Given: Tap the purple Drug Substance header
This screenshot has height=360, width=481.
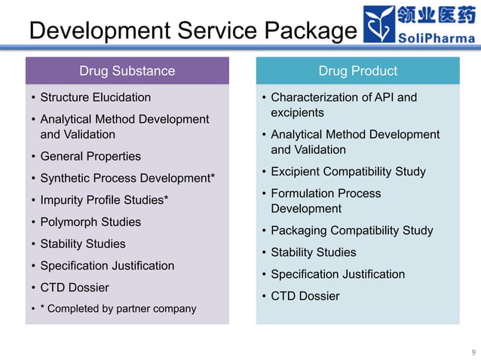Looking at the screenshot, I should [x=127, y=72].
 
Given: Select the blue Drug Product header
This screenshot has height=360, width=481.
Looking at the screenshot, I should [x=357, y=72].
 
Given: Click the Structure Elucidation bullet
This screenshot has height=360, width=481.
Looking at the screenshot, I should [x=95, y=97].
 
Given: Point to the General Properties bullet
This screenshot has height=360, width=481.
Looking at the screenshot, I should [x=90, y=156].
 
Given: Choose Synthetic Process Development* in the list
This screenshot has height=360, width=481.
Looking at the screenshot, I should [x=127, y=178].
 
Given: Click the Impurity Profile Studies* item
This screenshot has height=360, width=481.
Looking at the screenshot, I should [x=104, y=200].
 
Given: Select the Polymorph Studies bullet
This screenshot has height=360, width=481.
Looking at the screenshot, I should [x=90, y=221].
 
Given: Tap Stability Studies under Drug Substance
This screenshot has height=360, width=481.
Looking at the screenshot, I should [x=83, y=243].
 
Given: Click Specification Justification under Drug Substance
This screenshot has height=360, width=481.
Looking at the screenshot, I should [x=107, y=265].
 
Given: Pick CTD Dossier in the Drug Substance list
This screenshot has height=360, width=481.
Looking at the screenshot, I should [x=75, y=287].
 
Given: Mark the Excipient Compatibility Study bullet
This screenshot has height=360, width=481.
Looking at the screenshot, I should [x=348, y=171].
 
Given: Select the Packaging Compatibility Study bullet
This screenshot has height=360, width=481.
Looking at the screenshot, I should [x=352, y=230].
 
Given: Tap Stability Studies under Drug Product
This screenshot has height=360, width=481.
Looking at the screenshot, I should [x=314, y=252].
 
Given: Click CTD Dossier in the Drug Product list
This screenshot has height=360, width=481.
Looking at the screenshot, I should [x=305, y=295].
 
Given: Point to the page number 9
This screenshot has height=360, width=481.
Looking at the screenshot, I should [x=473, y=352].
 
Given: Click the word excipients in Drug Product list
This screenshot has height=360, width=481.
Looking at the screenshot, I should [x=297, y=113].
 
